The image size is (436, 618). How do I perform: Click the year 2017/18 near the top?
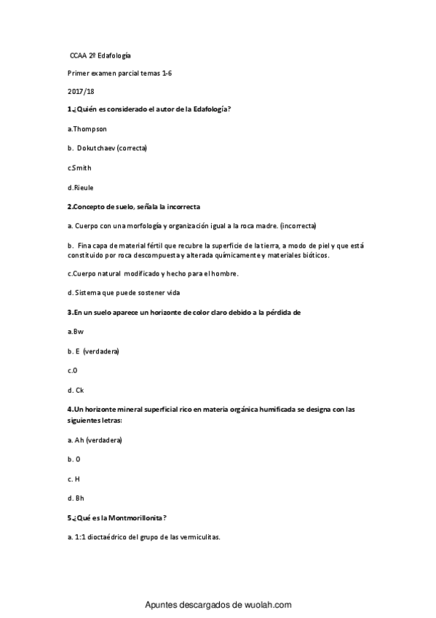click(74, 91)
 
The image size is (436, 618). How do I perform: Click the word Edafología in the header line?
click(114, 55)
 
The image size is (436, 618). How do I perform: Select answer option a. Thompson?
click(87, 129)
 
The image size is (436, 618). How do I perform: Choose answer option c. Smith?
click(79, 168)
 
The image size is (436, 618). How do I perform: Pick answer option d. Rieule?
click(80, 187)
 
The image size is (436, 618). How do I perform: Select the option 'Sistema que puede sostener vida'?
click(127, 292)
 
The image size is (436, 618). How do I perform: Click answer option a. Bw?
click(75, 332)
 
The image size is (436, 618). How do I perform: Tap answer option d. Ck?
click(75, 390)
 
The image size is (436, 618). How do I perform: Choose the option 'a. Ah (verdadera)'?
click(94, 441)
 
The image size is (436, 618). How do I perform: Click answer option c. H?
click(74, 479)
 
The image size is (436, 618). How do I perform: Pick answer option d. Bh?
click(75, 498)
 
